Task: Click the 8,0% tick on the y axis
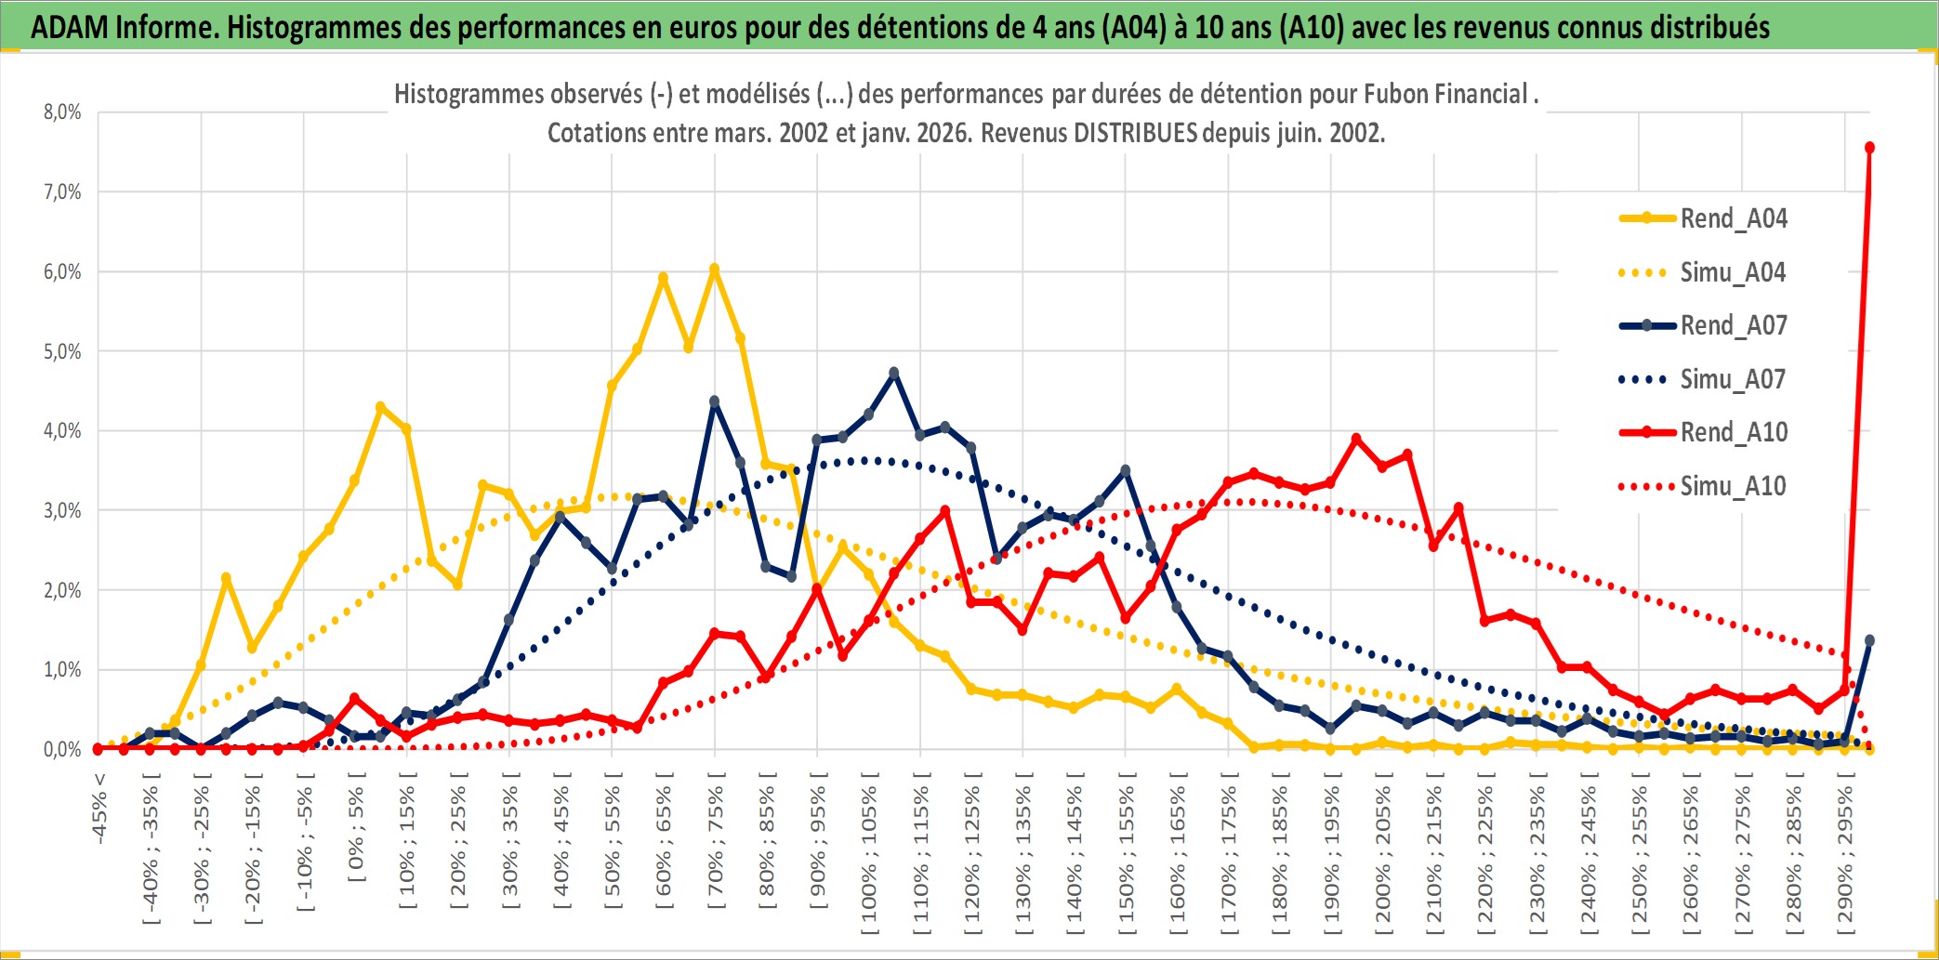click(x=62, y=112)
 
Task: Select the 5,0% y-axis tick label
click(x=62, y=351)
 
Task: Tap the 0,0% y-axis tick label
click(x=62, y=749)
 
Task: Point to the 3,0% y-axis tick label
click(x=62, y=510)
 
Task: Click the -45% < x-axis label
click(x=99, y=809)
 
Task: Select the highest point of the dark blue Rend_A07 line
click(x=894, y=373)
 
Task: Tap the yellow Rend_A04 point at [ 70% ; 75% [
click(x=714, y=269)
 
